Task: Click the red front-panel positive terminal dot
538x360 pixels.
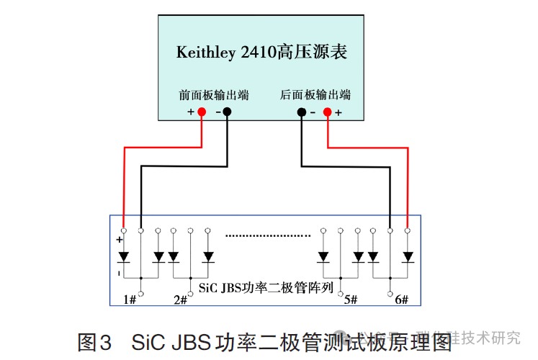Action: (202, 112)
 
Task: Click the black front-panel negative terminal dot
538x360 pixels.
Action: (227, 112)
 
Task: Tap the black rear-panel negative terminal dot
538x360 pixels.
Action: (302, 112)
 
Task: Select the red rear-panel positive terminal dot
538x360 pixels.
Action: (328, 112)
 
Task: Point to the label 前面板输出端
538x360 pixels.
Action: (214, 95)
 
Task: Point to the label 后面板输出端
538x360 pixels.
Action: (315, 95)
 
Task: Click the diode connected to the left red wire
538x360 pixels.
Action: (124, 256)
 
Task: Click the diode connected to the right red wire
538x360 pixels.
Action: (408, 256)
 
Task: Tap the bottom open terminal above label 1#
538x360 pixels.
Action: (141, 293)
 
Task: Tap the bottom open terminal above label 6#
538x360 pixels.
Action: (390, 293)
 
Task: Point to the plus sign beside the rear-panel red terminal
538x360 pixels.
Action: (339, 113)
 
